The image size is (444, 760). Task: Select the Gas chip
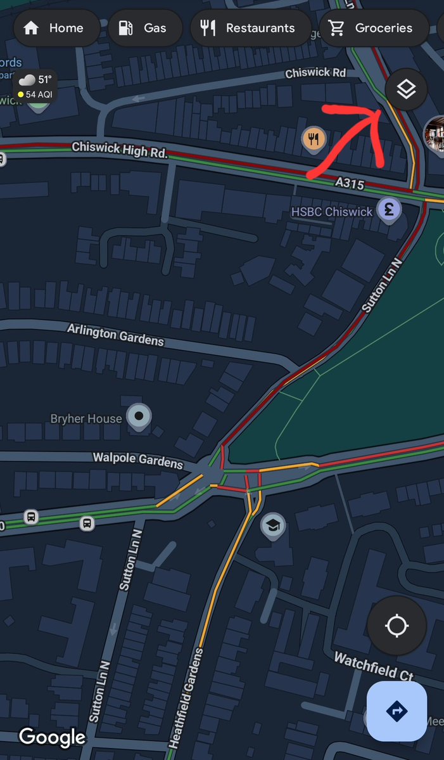pyautogui.click(x=145, y=28)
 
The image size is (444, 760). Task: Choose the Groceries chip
pyautogui.click(x=373, y=28)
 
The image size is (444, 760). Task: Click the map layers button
pyautogui.click(x=406, y=89)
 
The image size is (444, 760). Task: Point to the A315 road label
pyautogui.click(x=349, y=183)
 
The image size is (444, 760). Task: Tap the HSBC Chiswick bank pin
pyautogui.click(x=388, y=210)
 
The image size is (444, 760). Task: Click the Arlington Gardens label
pyautogui.click(x=115, y=335)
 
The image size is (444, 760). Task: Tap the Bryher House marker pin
pyautogui.click(x=139, y=416)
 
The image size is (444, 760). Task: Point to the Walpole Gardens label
pyautogui.click(x=137, y=460)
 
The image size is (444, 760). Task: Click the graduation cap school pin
pyautogui.click(x=273, y=525)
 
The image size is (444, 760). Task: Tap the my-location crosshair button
pyautogui.click(x=396, y=626)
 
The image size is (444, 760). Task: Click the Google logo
pyautogui.click(x=52, y=737)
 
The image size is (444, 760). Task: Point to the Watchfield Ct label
pyautogui.click(x=374, y=666)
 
